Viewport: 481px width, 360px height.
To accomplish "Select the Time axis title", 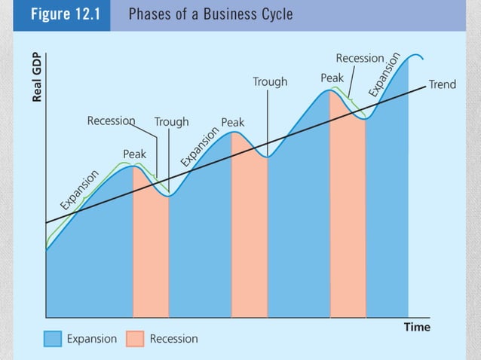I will click(x=416, y=328).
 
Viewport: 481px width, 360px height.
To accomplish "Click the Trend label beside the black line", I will click(x=442, y=84).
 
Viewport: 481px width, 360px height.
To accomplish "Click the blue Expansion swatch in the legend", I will click(x=52, y=339).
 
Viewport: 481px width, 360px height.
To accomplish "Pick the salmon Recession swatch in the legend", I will click(x=135, y=339).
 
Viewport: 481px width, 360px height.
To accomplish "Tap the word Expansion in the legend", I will click(x=92, y=339).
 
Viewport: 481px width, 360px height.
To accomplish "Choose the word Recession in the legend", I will click(x=173, y=339).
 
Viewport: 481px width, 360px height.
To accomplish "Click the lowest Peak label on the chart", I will click(x=134, y=154).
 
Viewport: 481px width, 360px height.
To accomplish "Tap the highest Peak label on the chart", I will click(x=332, y=78).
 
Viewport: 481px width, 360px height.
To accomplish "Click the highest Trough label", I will click(x=269, y=81).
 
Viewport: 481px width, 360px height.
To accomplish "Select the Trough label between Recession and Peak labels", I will click(x=171, y=121).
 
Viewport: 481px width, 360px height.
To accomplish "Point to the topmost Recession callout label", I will click(x=360, y=58).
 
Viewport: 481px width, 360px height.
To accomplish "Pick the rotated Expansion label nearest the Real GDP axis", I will click(x=80, y=189).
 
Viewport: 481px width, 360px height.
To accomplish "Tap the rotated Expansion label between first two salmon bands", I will click(x=199, y=148).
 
